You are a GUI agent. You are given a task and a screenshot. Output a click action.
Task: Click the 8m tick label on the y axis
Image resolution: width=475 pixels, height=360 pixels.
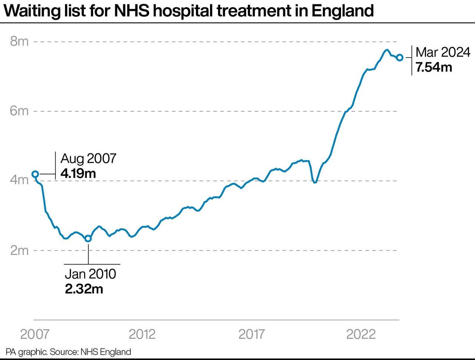tap(19, 41)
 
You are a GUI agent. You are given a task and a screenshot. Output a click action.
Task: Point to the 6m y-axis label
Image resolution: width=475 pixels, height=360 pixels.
tap(19, 111)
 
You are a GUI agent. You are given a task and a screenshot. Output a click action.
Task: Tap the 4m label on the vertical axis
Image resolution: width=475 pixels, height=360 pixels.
tap(19, 180)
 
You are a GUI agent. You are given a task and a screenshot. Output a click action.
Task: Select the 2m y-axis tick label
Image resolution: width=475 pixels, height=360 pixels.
tap(19, 250)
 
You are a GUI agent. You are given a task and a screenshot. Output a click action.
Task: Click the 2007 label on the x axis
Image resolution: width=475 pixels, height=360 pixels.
tap(35, 334)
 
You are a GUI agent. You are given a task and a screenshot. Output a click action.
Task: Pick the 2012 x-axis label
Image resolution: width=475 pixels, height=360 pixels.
tap(142, 334)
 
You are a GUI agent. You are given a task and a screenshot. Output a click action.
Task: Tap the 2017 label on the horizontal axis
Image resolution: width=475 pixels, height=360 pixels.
tap(252, 334)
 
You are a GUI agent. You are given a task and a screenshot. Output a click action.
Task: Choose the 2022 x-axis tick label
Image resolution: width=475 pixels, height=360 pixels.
tap(361, 334)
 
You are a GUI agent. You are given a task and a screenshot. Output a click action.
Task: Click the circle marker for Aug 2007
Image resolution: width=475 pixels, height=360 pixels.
tap(35, 174)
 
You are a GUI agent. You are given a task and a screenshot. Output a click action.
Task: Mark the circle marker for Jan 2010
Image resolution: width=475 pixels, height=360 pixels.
tap(88, 239)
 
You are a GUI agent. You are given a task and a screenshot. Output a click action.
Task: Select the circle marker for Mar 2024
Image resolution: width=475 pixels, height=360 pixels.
tap(400, 58)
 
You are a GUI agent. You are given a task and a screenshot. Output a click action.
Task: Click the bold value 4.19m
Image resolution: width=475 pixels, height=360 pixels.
tap(78, 173)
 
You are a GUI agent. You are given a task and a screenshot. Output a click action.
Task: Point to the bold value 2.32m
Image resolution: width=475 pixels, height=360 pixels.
tap(84, 289)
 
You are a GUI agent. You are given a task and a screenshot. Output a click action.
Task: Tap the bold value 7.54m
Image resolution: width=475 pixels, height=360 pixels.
tap(434, 67)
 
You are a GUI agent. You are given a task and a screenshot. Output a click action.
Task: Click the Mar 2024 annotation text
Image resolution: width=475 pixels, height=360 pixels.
tap(443, 52)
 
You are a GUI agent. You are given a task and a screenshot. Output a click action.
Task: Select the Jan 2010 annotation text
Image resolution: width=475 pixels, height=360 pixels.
tap(90, 274)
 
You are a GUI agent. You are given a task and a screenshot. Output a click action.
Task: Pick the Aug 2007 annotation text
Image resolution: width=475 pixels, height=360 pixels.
tap(88, 158)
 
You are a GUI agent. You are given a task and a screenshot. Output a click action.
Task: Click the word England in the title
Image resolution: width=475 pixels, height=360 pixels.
tap(343, 11)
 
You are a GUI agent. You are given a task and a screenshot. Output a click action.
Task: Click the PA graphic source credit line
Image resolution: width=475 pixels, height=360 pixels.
tap(68, 352)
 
